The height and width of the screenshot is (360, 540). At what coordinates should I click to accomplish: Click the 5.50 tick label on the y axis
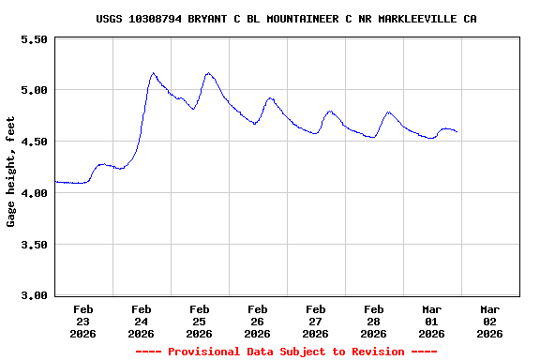(33, 39)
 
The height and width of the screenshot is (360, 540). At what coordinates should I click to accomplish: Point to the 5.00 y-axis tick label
(33, 90)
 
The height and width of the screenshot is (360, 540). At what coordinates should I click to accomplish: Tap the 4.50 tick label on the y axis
(33, 142)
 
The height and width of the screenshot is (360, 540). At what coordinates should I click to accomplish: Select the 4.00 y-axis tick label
(33, 193)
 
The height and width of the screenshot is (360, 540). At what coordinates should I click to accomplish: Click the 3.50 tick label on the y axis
(33, 245)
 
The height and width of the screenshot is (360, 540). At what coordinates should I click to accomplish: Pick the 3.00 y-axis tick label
(33, 295)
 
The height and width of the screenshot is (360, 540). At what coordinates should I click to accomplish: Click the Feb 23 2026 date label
(83, 321)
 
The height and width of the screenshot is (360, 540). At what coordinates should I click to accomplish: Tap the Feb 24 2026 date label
(142, 321)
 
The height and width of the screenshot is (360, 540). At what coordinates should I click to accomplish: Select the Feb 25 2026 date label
(200, 321)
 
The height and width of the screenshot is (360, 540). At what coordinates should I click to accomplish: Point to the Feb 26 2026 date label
(258, 321)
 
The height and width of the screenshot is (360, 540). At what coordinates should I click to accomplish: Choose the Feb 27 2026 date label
(316, 321)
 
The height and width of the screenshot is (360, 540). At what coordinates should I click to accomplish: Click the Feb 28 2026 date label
(374, 321)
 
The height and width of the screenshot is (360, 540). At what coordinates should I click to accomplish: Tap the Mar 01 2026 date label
(432, 321)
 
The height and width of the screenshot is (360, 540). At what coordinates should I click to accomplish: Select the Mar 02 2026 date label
(490, 321)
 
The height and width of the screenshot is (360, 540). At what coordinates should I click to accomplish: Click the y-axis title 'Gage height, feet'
(11, 172)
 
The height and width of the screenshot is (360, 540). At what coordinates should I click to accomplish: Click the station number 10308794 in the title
(161, 19)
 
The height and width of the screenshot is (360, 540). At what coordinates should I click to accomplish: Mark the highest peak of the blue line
(154, 72)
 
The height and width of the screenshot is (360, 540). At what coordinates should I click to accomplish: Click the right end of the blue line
(457, 132)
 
